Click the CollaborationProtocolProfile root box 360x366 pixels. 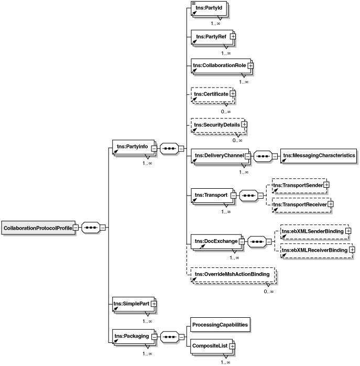pyautogui.click(x=38, y=228)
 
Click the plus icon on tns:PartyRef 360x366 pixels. pyautogui.click(x=233, y=36)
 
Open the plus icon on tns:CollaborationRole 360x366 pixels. pyautogui.click(x=250, y=66)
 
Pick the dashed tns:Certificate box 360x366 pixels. pyautogui.click(x=210, y=94)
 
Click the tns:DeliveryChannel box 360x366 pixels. pyautogui.click(x=216, y=155)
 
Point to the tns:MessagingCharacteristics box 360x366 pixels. pyautogui.click(x=319, y=155)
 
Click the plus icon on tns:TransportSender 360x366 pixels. pyautogui.click(x=326, y=185)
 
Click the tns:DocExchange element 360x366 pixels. pyautogui.click(x=214, y=241)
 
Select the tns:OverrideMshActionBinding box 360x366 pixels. pyautogui.click(x=232, y=274)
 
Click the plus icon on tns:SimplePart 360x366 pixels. pyautogui.click(x=154, y=304)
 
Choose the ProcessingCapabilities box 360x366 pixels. pyautogui.click(x=219, y=325)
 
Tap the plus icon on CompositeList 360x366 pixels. pyautogui.click(x=232, y=346)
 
